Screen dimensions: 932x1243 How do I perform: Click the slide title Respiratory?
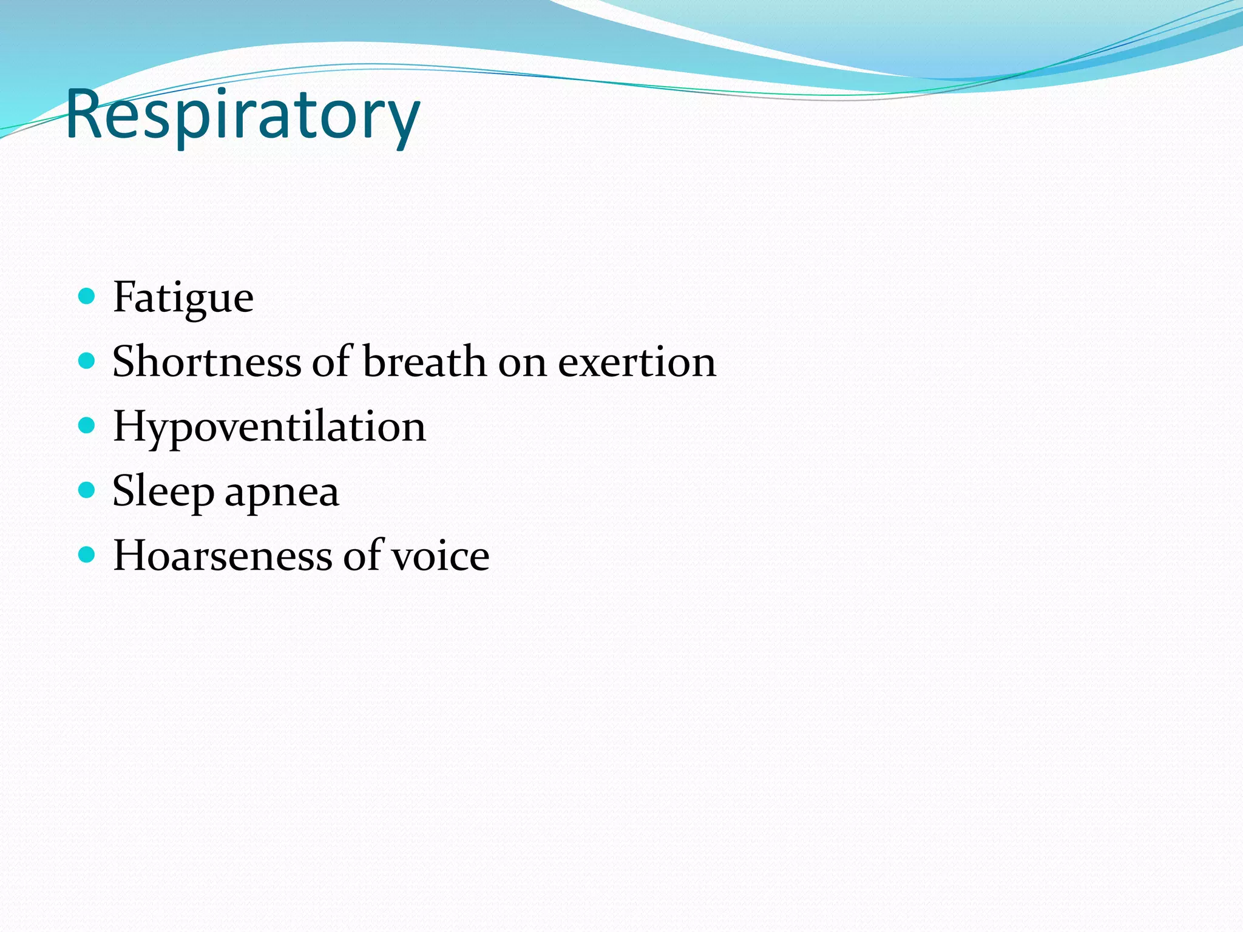pos(242,115)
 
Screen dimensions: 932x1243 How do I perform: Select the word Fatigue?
pos(183,298)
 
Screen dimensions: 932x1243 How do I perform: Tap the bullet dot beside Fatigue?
pos(87,296)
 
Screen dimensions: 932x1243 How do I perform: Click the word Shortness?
pos(207,362)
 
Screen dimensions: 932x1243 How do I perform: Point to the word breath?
pos(425,362)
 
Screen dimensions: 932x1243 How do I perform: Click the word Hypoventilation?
pos(269,427)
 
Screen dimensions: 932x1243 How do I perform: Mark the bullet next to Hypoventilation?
pos(87,425)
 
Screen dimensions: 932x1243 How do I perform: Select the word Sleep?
pos(163,491)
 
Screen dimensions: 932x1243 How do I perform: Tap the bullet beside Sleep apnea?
pos(87,490)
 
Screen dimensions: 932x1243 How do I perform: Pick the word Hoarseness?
pos(223,556)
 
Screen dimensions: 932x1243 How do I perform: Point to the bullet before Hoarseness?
pos(87,554)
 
